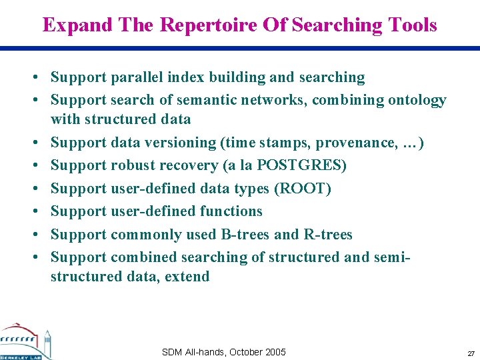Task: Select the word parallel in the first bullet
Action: point(135,77)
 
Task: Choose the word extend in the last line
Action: point(187,276)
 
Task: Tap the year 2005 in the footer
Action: point(275,352)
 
